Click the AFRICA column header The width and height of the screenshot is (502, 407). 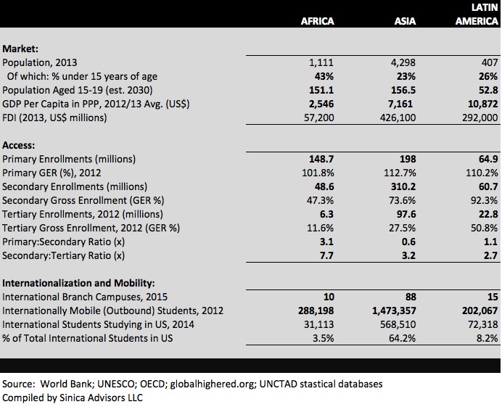click(317, 21)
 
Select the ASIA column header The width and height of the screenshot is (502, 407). click(405, 21)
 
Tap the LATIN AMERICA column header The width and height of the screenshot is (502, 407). click(477, 15)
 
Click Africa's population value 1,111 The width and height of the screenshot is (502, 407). click(321, 62)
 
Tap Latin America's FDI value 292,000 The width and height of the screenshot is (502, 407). click(477, 118)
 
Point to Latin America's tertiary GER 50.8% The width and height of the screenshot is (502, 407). click(482, 228)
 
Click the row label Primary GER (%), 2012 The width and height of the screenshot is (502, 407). click(52, 173)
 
